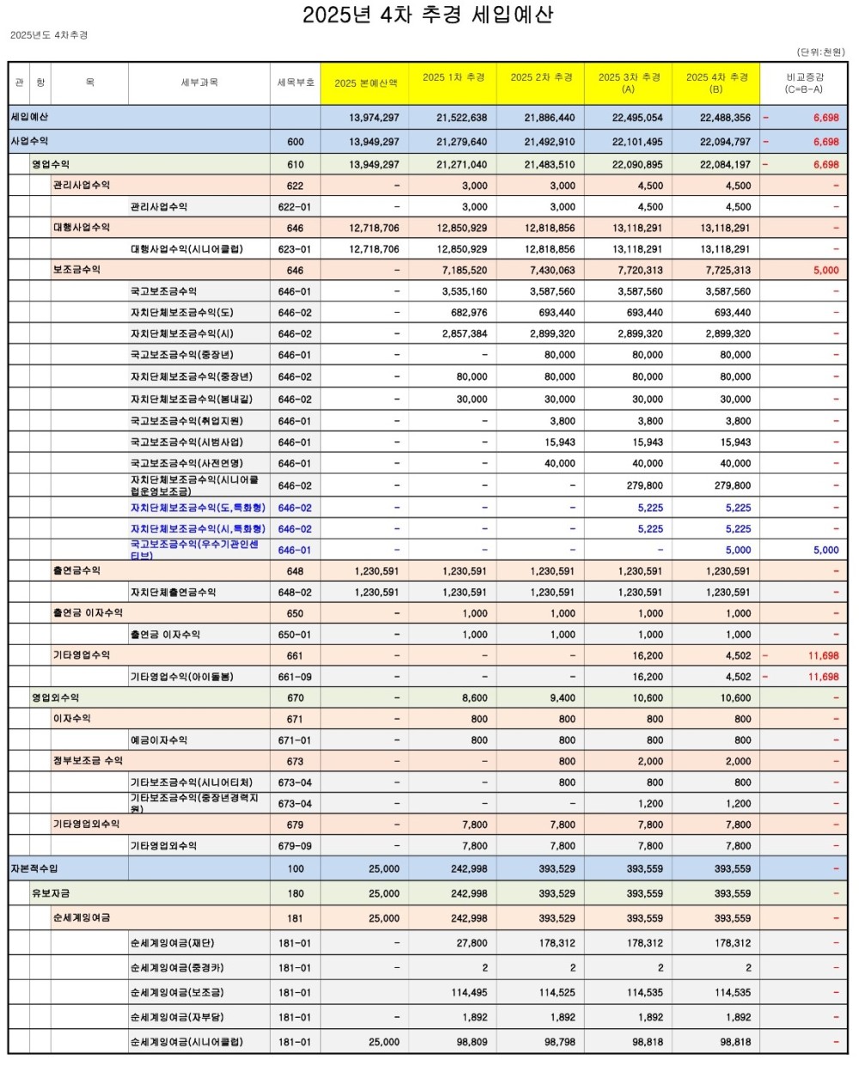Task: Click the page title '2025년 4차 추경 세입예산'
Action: point(428,15)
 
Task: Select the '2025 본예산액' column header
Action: point(365,83)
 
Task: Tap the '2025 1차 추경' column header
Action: point(453,77)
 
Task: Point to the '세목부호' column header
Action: point(295,82)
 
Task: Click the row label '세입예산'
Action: point(29,117)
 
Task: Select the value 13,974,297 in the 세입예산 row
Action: point(374,118)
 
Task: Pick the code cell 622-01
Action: point(295,207)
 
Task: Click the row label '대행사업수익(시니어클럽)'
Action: point(186,249)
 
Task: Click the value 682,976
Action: point(469,313)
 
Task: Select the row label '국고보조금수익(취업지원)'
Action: point(186,421)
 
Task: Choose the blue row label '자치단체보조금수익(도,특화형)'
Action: point(198,508)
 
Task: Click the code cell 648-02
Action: point(295,592)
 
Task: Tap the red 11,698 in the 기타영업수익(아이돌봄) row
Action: point(823,677)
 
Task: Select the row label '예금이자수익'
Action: point(159,740)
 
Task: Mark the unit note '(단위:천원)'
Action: point(820,52)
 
